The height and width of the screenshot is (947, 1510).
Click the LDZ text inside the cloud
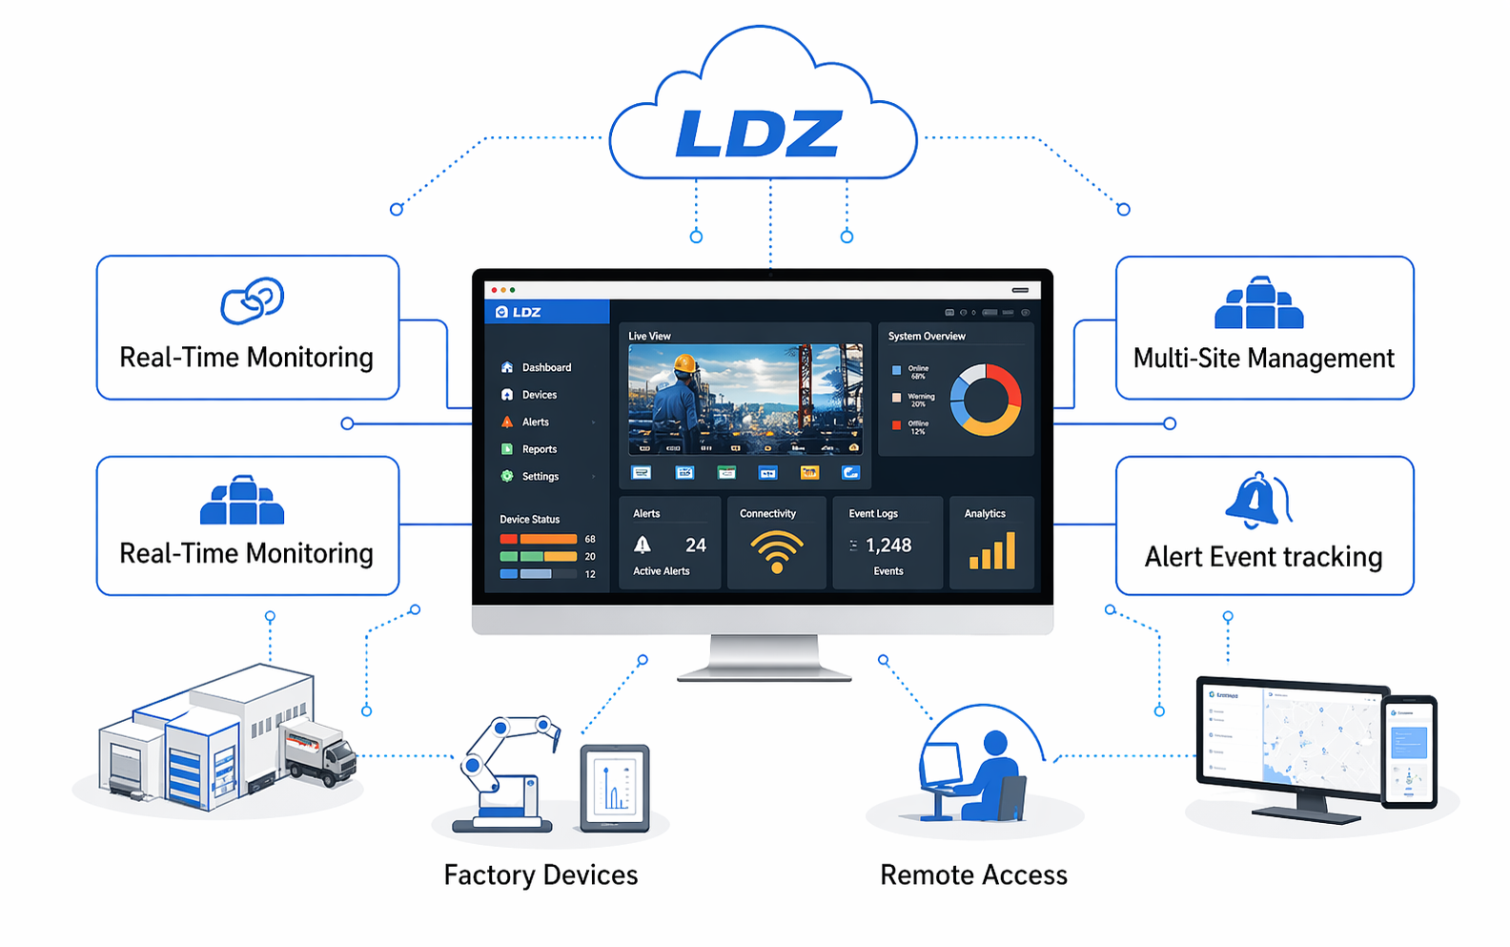(759, 134)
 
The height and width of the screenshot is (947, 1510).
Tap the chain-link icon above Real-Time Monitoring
(252, 300)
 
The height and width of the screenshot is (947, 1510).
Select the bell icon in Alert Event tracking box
(1255, 500)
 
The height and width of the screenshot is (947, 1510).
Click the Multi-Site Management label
(1263, 359)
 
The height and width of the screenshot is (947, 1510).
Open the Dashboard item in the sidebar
(546, 367)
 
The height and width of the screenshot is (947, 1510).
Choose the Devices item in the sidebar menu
(539, 395)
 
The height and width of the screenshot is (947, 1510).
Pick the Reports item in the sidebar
(539, 449)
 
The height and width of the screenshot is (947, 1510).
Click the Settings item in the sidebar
(540, 477)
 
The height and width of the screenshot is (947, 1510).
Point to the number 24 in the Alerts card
(696, 546)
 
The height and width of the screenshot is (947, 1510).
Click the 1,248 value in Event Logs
(888, 546)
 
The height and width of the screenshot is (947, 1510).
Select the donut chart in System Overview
(986, 400)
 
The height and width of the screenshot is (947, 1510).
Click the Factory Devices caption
(541, 875)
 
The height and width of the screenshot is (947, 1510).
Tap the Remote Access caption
(973, 875)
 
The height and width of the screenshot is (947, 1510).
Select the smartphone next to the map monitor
(1409, 751)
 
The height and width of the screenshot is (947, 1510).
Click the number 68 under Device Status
(590, 540)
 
